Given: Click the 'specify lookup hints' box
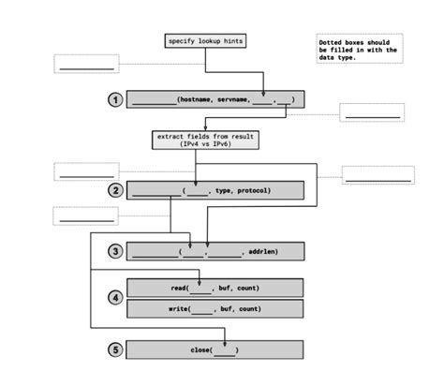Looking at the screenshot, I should click(205, 41).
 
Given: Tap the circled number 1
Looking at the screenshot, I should click(115, 100).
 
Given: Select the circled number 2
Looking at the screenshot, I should click(115, 190).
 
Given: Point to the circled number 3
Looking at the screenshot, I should click(115, 251).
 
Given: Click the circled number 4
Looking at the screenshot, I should click(115, 298).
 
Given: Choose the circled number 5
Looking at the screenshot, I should click(115, 349).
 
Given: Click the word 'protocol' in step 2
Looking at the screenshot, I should click(254, 190).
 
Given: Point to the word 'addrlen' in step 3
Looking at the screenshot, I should click(263, 251).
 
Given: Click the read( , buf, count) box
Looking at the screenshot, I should click(215, 288).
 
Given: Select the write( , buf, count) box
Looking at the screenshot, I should click(215, 308).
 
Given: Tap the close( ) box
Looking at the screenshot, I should click(215, 349).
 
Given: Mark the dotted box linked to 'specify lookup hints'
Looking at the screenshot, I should click(87, 63).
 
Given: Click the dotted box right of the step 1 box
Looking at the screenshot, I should click(372, 112).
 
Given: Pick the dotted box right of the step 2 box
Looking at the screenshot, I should click(377, 174).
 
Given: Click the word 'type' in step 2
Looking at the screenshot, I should click(223, 190).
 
